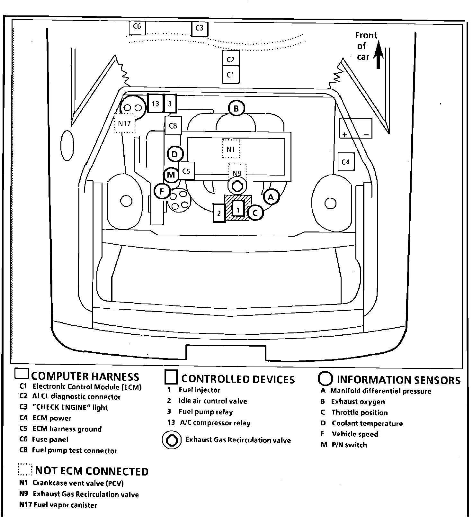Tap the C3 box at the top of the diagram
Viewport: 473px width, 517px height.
(200, 29)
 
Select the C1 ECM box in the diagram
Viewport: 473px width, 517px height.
(231, 75)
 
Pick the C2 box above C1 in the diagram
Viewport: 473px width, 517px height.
(231, 59)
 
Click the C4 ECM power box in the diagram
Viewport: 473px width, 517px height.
(346, 162)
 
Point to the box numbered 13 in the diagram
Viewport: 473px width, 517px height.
(156, 103)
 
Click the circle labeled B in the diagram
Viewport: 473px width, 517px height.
(236, 108)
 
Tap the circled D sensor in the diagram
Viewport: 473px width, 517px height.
(175, 154)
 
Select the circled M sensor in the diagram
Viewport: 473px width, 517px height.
(171, 175)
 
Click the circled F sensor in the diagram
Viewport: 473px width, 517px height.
(162, 192)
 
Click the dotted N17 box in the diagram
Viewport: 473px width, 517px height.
(124, 123)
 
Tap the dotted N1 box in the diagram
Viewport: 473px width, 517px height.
(231, 149)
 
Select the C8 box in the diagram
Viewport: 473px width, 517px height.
(173, 125)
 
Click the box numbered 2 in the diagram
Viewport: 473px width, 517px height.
(219, 213)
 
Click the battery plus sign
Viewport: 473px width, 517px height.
(344, 134)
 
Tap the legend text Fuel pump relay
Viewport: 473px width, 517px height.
(206, 412)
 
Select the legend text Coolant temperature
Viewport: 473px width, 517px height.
(367, 423)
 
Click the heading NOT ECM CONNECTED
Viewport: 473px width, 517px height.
(92, 471)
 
